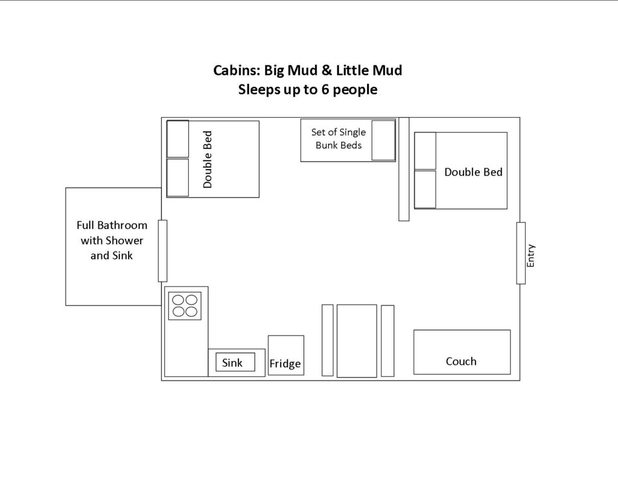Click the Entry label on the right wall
(530, 256)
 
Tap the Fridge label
(285, 364)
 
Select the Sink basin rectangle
(235, 362)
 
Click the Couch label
(461, 361)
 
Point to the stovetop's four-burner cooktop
(185, 306)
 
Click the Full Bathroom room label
(112, 240)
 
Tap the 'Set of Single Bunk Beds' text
(339, 139)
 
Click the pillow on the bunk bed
(383, 141)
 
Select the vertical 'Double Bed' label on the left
(208, 160)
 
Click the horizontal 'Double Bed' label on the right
(473, 172)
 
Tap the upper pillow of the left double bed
(178, 139)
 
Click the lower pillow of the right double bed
(425, 189)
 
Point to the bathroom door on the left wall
(162, 251)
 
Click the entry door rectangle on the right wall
(521, 253)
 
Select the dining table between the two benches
(357, 341)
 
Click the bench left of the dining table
(328, 340)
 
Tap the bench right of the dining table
(388, 341)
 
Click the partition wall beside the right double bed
(404, 169)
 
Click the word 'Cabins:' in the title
(237, 71)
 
